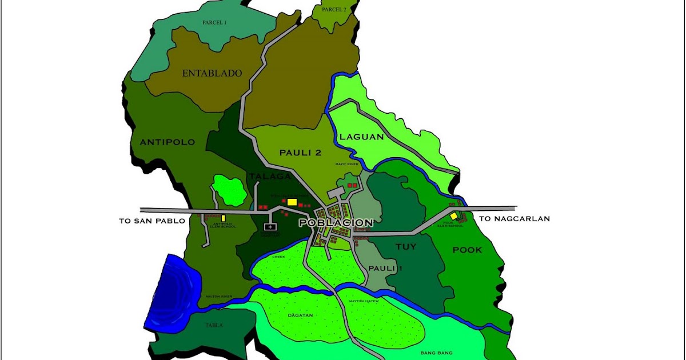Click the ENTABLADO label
tap(212, 74)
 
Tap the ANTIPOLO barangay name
tap(167, 142)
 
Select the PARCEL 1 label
tap(214, 22)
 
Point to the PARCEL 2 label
tap(334, 10)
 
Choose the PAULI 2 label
tap(301, 153)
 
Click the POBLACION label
tap(336, 223)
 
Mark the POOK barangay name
tap(467, 250)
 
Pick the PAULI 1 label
tap(382, 268)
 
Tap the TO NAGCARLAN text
tap(514, 219)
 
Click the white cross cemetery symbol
tap(270, 227)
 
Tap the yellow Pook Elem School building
tap(454, 216)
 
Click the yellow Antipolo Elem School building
tap(223, 218)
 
